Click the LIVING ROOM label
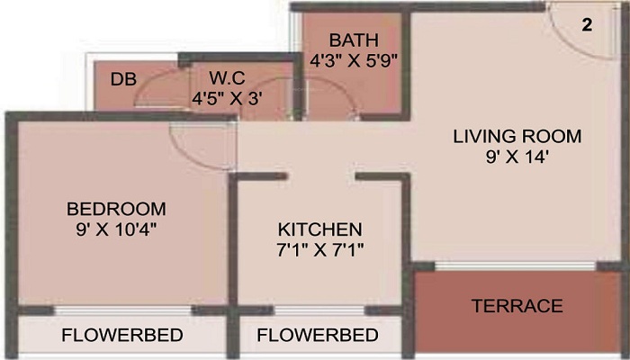pyautogui.click(x=517, y=137)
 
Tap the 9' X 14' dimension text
pyautogui.click(x=517, y=157)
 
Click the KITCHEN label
pyautogui.click(x=319, y=228)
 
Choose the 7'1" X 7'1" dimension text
pyautogui.click(x=319, y=247)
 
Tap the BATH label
pyautogui.click(x=353, y=41)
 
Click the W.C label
pyautogui.click(x=227, y=78)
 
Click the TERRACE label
pyautogui.click(x=517, y=306)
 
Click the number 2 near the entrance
pyautogui.click(x=587, y=25)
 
